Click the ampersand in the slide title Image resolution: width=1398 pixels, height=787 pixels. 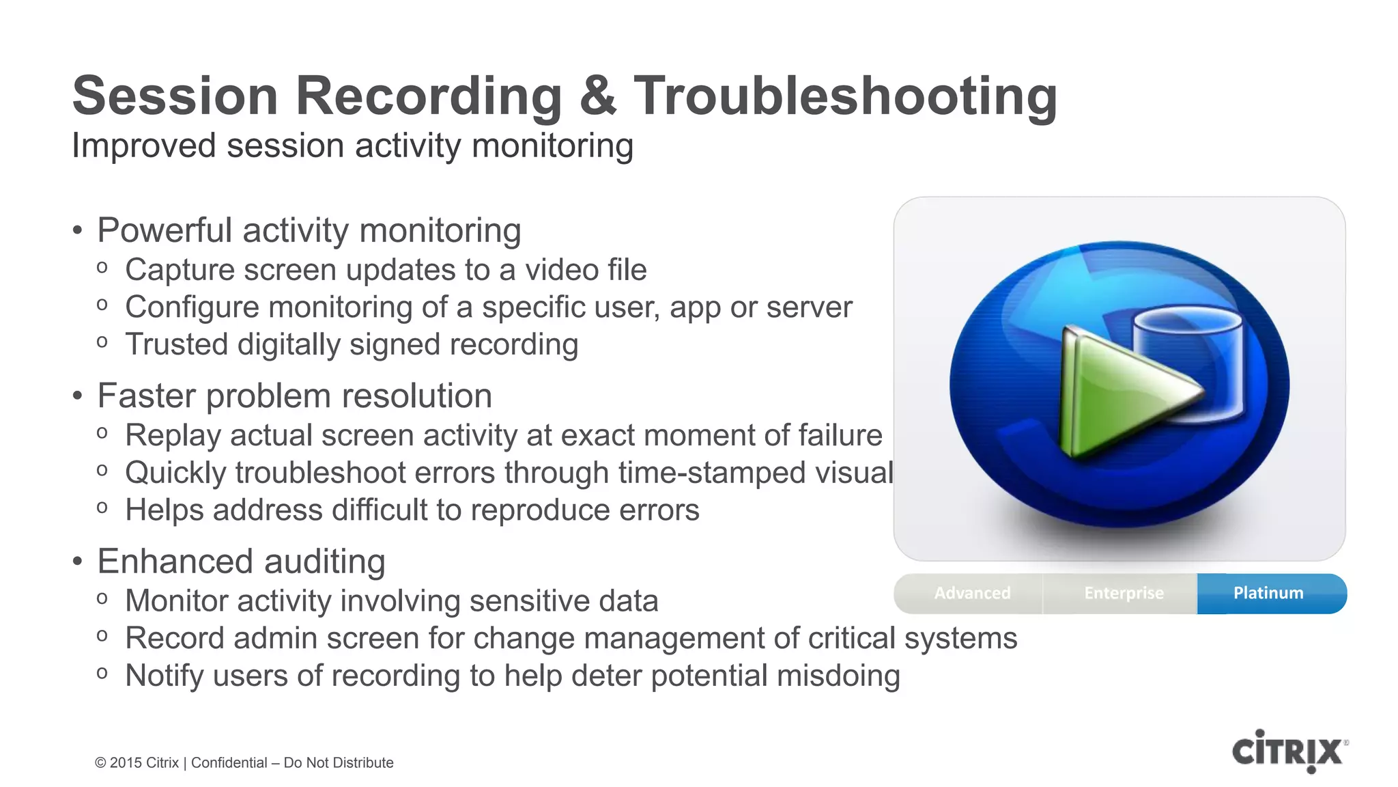coord(597,96)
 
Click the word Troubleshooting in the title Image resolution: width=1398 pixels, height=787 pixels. coord(845,96)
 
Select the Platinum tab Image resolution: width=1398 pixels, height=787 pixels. coord(1268,593)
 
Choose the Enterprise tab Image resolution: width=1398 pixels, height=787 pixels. coord(1124,593)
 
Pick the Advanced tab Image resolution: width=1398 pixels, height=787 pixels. coord(972,593)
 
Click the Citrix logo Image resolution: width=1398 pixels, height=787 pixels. coord(1289,751)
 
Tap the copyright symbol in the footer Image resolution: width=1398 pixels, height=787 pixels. coord(100,763)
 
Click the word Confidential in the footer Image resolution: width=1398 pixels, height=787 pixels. coord(229,763)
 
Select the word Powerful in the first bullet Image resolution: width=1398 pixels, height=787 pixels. coord(165,231)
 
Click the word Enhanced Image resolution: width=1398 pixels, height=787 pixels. coord(176,562)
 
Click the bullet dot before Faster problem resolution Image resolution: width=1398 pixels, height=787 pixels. coord(78,396)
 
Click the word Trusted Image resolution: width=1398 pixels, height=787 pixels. coord(176,345)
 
